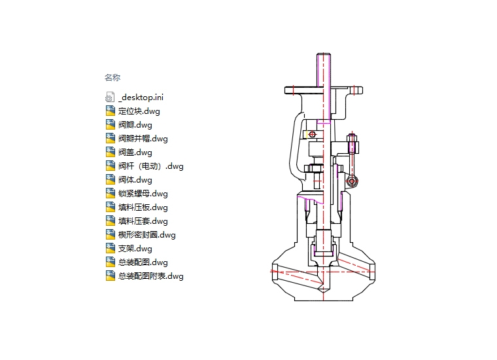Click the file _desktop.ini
(141, 97)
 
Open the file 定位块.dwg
(139, 111)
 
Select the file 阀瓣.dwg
(135, 124)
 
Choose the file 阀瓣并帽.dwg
(143, 138)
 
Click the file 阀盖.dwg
(135, 152)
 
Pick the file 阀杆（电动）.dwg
(150, 166)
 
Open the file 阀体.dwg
(135, 179)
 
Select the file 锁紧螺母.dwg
(143, 193)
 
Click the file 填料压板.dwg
(143, 207)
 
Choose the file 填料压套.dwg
(143, 221)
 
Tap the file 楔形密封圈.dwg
(146, 234)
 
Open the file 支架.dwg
(135, 248)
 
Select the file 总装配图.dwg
(143, 262)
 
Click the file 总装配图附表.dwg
(150, 276)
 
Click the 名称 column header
(112, 77)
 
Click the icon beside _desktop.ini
(110, 97)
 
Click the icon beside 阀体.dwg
(110, 179)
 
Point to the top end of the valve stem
(324, 54)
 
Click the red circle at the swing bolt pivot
(352, 181)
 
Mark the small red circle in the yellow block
(312, 135)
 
